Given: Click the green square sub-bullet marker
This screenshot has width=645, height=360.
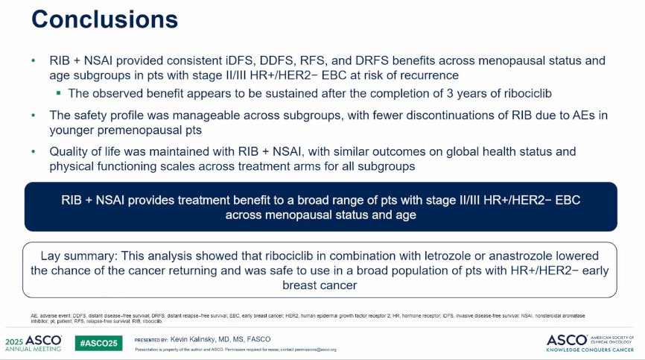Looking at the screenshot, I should click(58, 93).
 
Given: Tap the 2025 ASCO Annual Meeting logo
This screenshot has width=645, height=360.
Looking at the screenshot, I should click(33, 341).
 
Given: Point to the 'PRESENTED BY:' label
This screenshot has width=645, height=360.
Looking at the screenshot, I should click(151, 339).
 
